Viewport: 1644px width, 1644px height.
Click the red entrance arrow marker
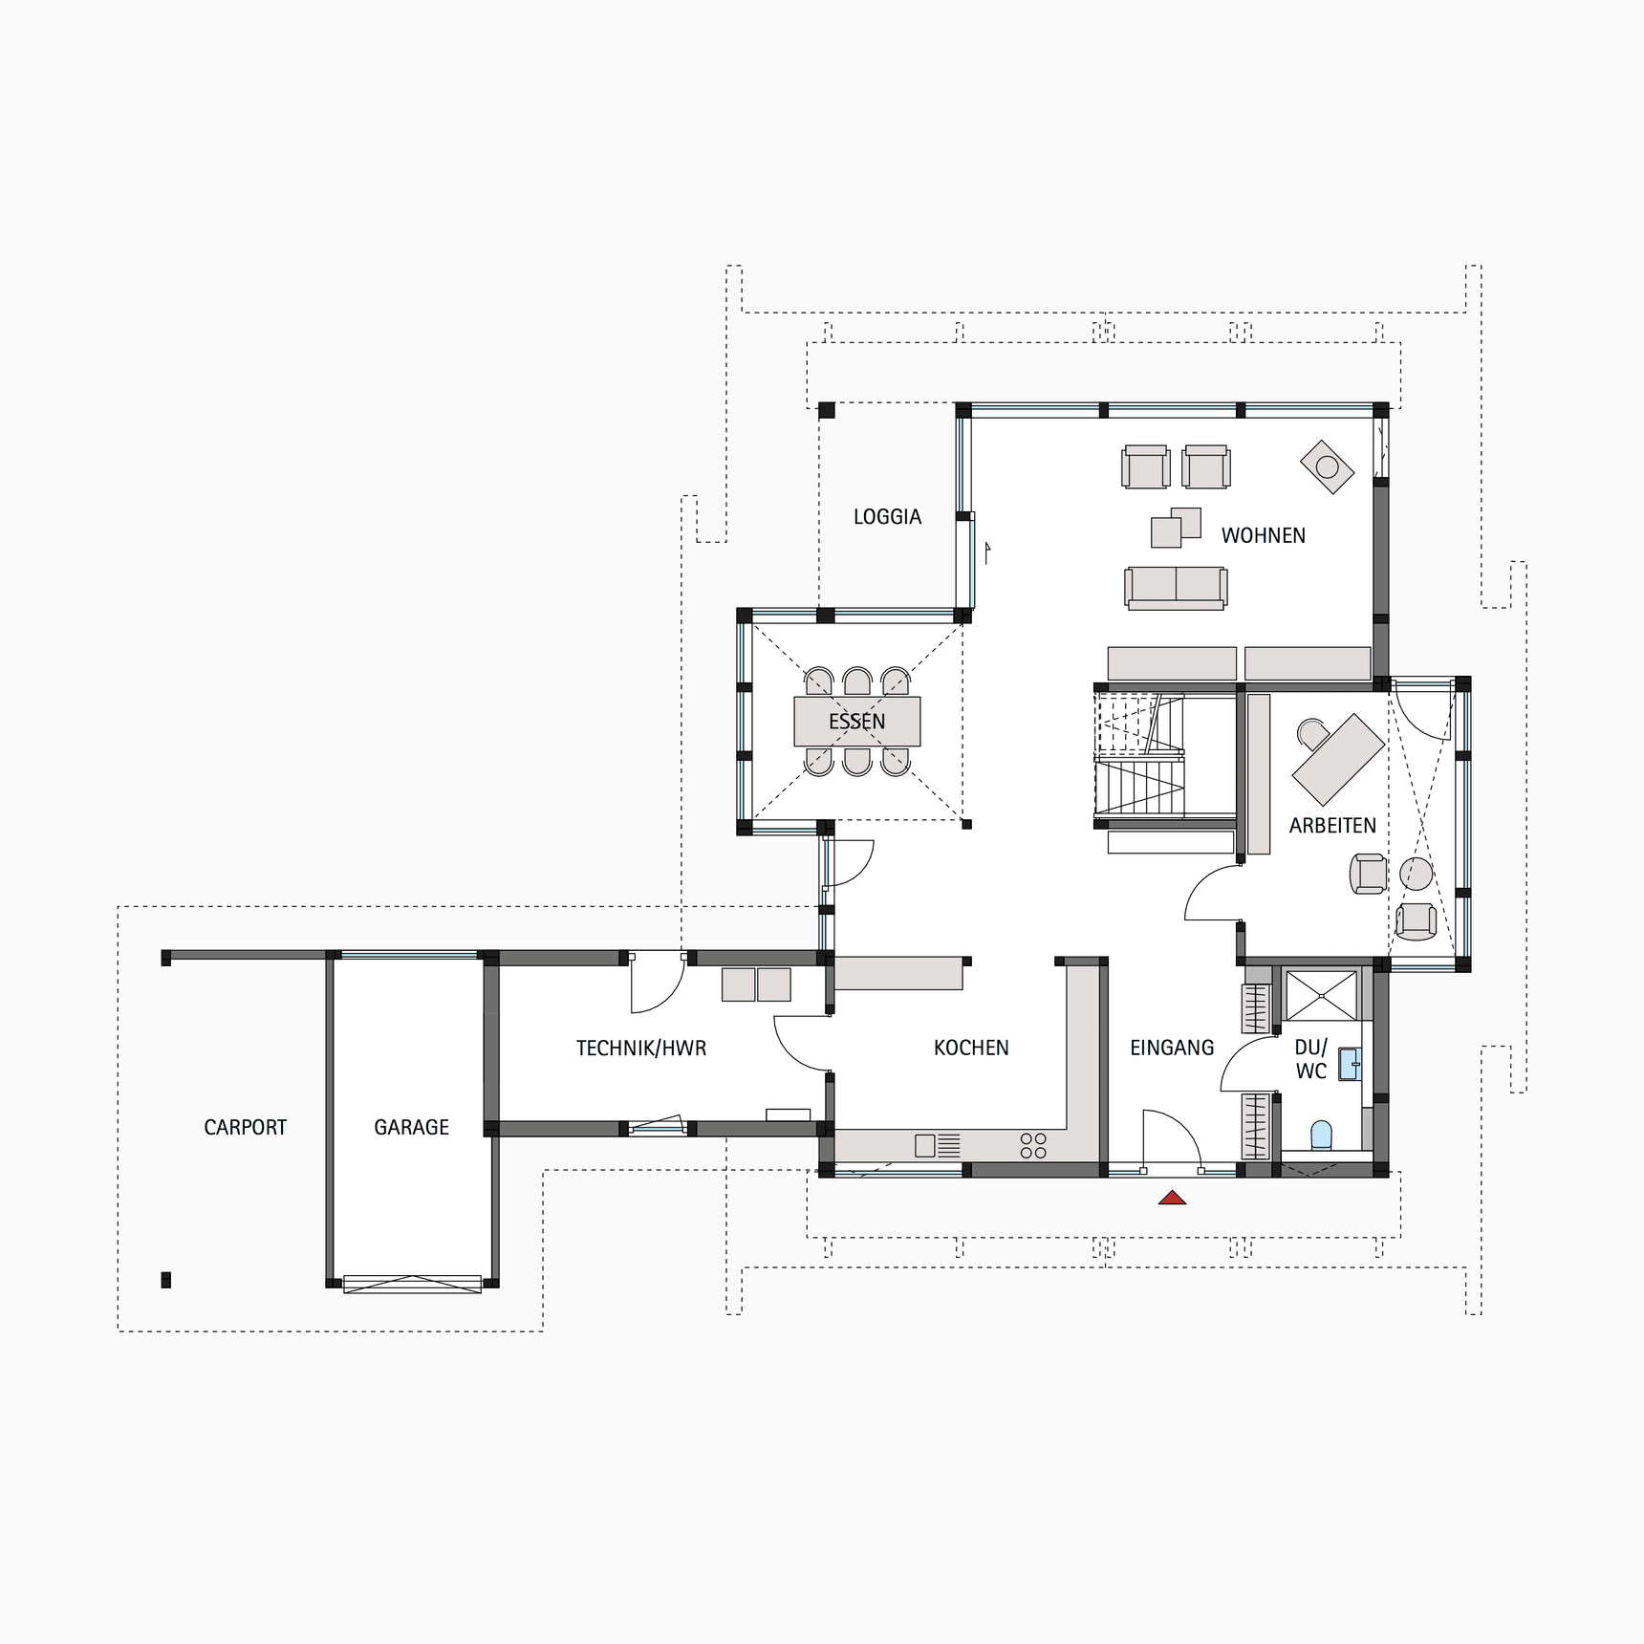[1172, 1198]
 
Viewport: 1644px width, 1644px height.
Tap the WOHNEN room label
[1263, 535]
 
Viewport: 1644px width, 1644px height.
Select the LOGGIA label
[887, 517]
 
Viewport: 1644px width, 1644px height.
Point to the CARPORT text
[245, 1128]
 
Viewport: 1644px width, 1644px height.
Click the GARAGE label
[411, 1128]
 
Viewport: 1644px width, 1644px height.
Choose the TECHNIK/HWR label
[641, 1049]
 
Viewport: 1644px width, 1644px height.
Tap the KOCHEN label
[971, 1048]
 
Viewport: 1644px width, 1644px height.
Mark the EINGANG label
[1172, 1048]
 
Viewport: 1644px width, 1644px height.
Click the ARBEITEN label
[1332, 826]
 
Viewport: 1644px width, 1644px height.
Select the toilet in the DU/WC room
[1321, 1135]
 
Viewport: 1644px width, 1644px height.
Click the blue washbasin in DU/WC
[1350, 1064]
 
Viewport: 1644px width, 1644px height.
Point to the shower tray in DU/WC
[1321, 996]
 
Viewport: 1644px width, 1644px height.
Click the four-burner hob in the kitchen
[1033, 1145]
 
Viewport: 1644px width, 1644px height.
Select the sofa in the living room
[1176, 587]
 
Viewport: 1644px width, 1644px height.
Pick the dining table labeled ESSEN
[857, 722]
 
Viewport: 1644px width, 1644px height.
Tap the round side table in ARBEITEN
[1416, 874]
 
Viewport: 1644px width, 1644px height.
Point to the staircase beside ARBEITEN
[1140, 755]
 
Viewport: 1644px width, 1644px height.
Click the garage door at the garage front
[412, 1284]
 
